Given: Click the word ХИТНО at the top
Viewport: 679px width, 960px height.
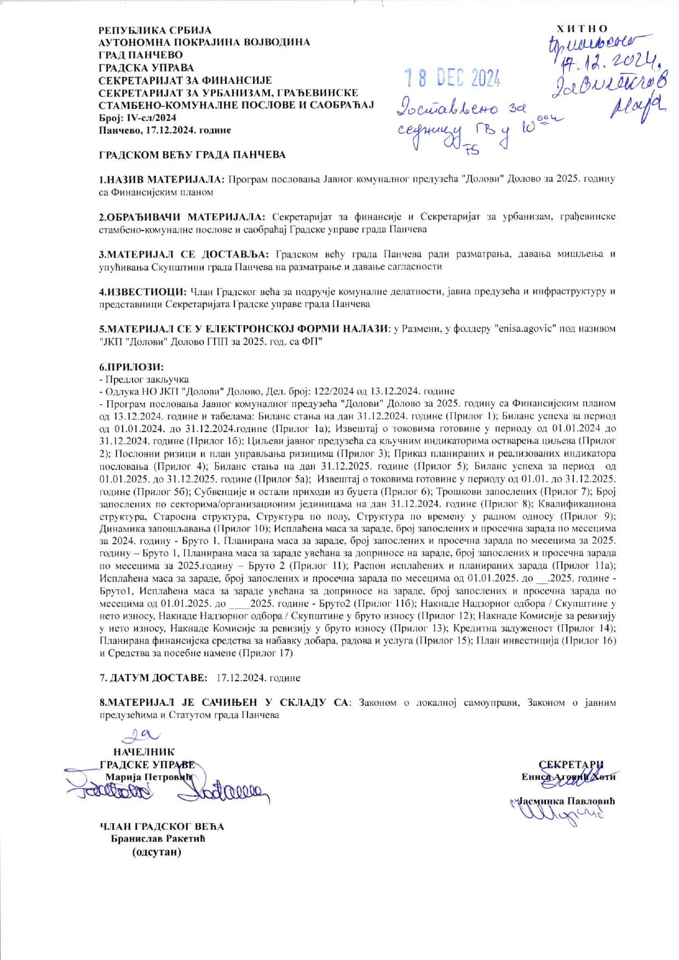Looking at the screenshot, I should pos(582,28).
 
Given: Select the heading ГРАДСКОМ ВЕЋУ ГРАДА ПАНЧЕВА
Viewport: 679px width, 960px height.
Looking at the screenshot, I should pos(192,155).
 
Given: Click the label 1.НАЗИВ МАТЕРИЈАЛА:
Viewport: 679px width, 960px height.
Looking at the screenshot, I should pos(162,180).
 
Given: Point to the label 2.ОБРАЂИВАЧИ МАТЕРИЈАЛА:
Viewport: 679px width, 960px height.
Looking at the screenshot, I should pos(182,217).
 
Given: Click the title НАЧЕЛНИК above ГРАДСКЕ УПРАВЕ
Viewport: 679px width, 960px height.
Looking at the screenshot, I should pos(143,752).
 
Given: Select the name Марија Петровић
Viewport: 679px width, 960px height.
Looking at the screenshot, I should pos(149,777).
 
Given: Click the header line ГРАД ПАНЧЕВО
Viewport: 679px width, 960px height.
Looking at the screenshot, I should pos(141,55).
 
